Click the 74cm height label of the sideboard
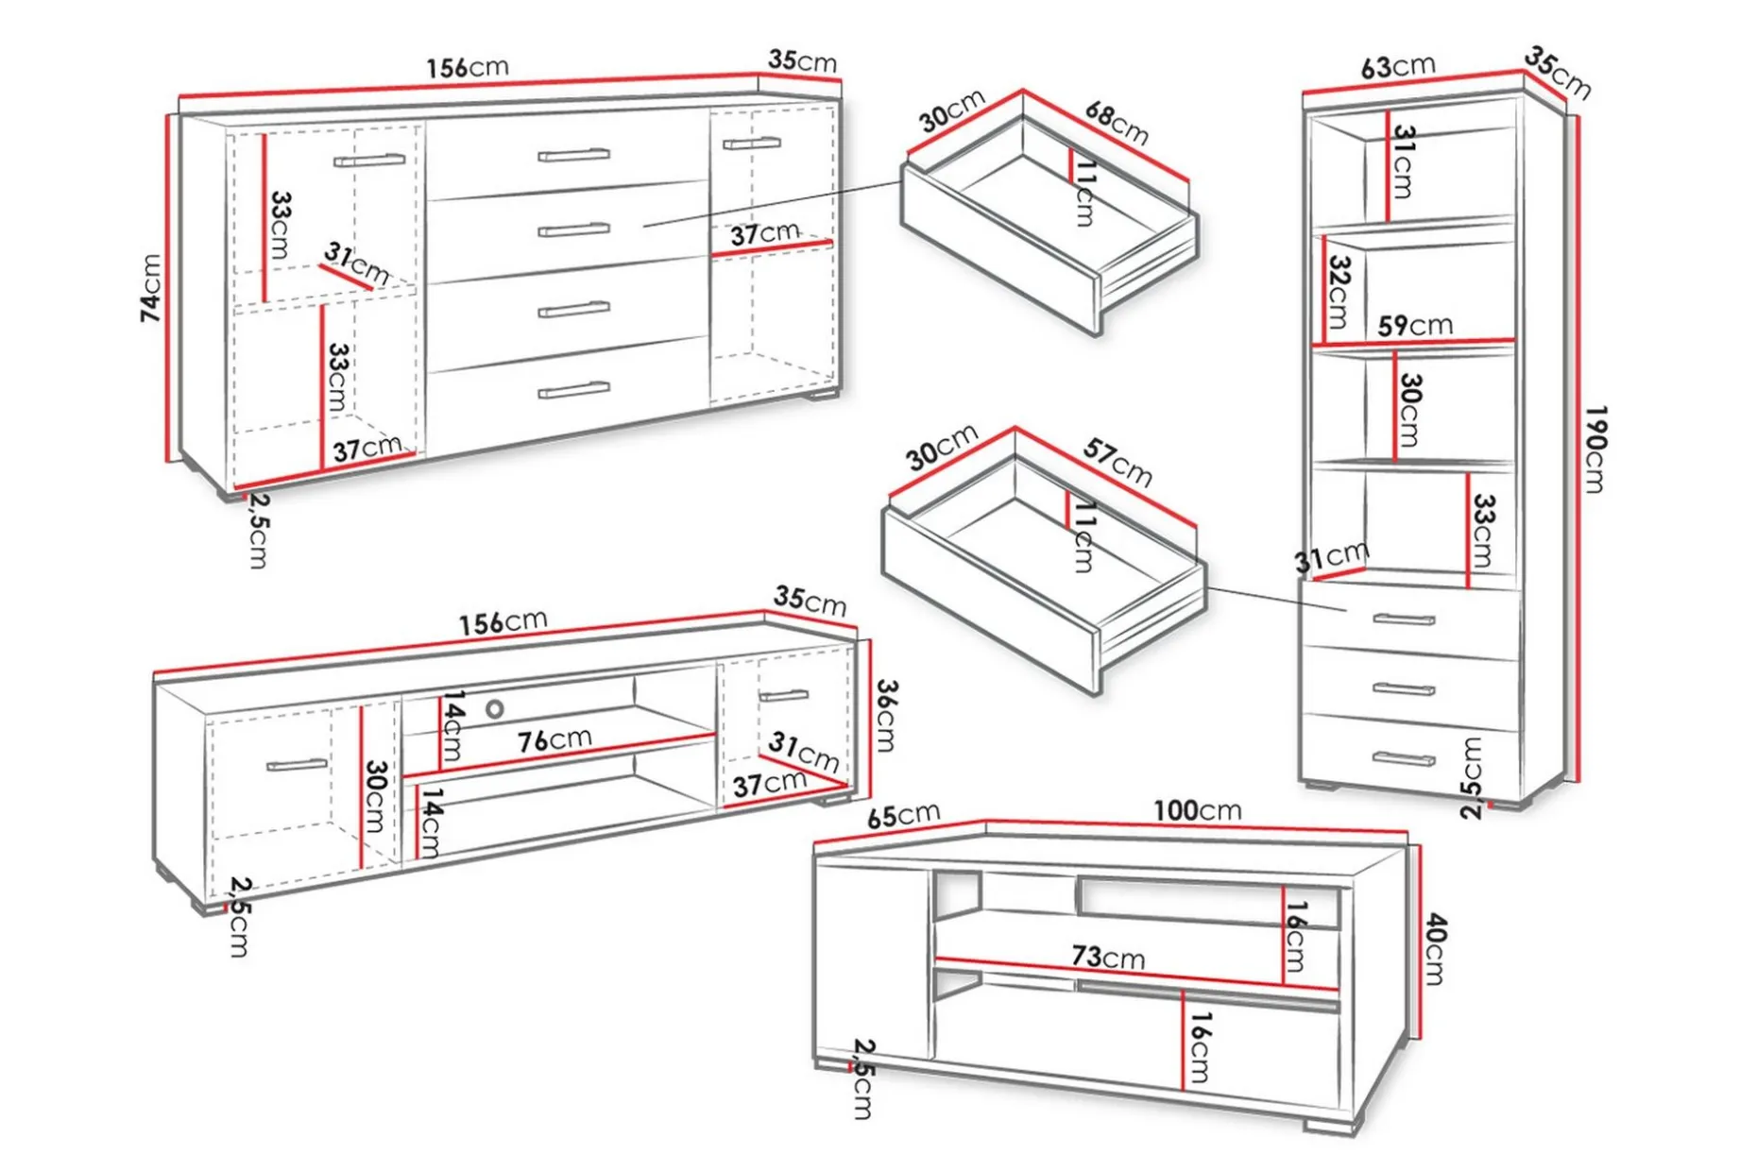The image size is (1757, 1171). click(150, 287)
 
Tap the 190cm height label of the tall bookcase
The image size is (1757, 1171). click(1595, 449)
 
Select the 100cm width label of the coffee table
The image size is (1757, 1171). click(1197, 810)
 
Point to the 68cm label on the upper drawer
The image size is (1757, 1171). click(1117, 123)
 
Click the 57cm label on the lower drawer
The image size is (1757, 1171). click(1117, 463)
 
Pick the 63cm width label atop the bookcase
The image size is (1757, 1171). click(1398, 67)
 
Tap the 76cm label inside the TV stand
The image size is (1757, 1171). click(554, 739)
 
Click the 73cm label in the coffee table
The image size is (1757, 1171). click(1108, 957)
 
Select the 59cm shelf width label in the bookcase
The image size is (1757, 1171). click(1415, 326)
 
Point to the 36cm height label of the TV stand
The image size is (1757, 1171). click(886, 715)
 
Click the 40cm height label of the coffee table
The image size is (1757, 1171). click(1434, 948)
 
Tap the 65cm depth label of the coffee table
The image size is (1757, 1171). click(903, 815)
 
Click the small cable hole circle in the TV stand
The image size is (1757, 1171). click(495, 708)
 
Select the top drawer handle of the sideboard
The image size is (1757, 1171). click(573, 155)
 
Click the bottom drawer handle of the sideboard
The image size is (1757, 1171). click(573, 390)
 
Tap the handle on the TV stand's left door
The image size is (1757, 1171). click(297, 764)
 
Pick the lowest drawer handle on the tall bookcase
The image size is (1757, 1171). click(1404, 758)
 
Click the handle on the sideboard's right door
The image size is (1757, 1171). click(752, 144)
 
